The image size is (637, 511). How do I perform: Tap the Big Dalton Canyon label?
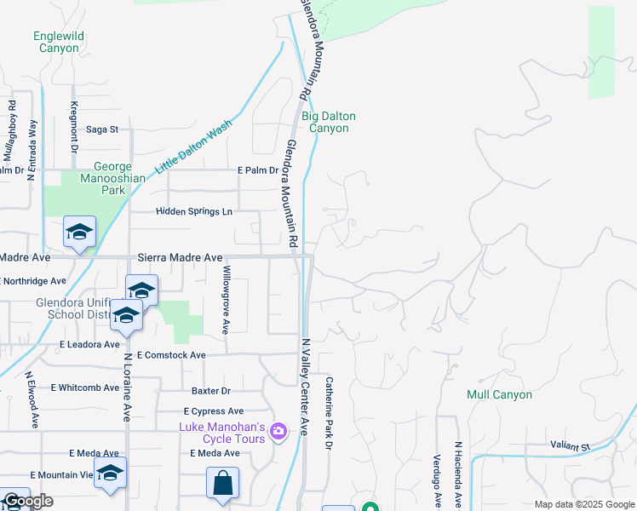(328, 122)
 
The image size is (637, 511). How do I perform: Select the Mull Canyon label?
(499, 394)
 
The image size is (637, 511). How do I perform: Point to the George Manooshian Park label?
(102, 178)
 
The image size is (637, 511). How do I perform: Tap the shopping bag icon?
(222, 483)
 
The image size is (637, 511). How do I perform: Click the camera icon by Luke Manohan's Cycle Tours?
(278, 433)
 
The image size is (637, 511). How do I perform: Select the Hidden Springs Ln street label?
(193, 211)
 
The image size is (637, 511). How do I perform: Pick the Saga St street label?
(102, 129)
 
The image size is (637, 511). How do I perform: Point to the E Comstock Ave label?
(170, 354)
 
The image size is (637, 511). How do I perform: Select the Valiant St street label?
(570, 446)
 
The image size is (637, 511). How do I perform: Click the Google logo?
(27, 502)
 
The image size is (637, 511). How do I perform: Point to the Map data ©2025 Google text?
(583, 504)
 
